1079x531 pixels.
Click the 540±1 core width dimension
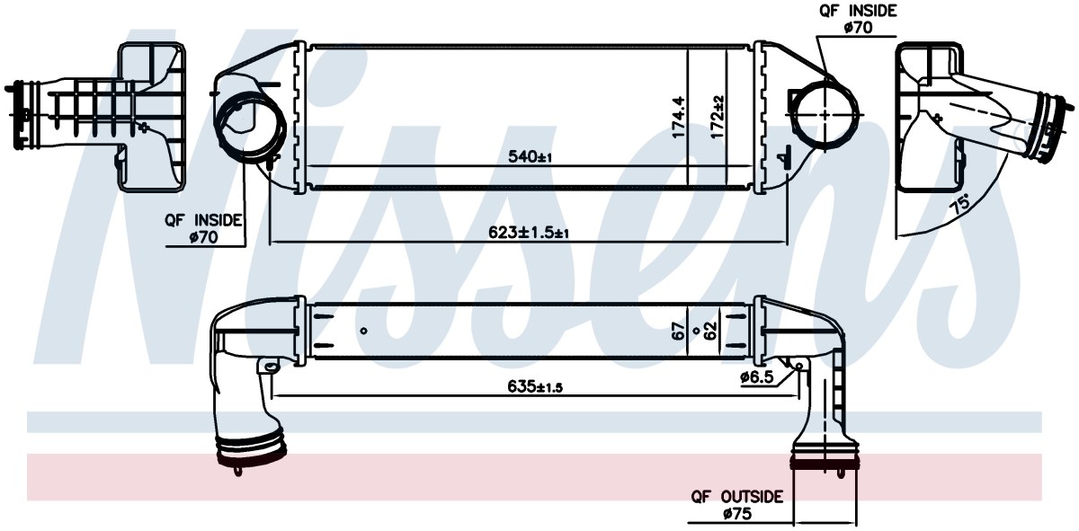[x=530, y=156]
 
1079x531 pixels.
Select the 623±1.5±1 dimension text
[x=529, y=233]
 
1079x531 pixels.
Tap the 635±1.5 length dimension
[x=535, y=386]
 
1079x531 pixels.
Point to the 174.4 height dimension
[x=679, y=116]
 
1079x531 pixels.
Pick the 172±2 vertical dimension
[x=718, y=117]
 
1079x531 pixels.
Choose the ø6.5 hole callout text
[x=757, y=377]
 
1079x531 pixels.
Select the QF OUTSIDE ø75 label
[x=737, y=505]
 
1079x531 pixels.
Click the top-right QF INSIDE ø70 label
[x=859, y=19]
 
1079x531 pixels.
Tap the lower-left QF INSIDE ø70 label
[x=203, y=229]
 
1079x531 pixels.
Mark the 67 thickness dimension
[x=679, y=331]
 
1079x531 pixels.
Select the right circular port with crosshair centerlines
[x=825, y=115]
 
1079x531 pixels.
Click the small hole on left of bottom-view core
[x=363, y=331]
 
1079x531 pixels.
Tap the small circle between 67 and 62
[x=696, y=331]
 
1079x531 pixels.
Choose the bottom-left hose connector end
[x=252, y=453]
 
